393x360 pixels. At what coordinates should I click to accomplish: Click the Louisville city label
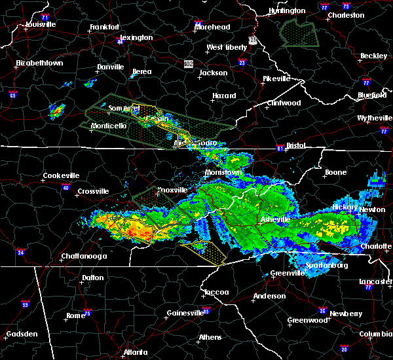tap(41, 24)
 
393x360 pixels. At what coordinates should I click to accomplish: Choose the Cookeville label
tap(61, 175)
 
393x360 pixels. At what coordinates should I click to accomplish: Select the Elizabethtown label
tap(39, 63)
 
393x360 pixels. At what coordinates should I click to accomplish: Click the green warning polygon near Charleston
tap(299, 33)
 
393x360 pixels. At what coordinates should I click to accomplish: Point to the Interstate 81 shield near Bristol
tap(280, 147)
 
